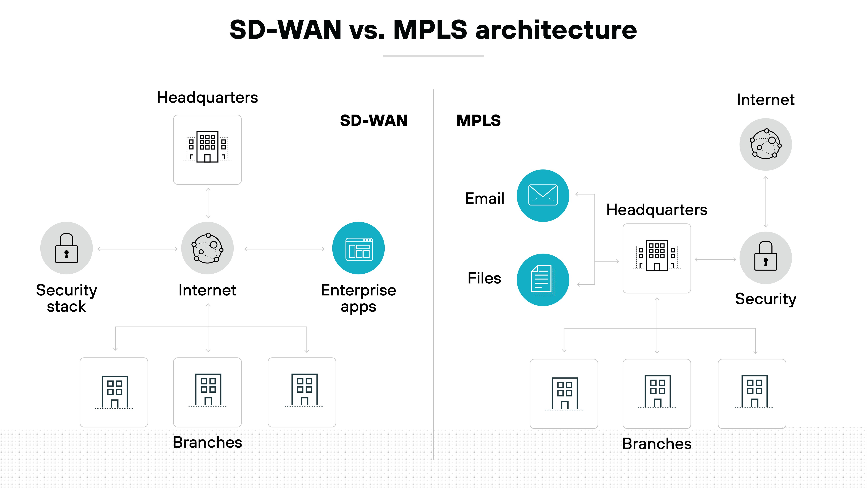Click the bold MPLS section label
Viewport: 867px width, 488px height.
478,121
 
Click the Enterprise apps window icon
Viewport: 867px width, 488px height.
358,249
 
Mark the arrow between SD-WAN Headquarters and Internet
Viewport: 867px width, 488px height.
208,203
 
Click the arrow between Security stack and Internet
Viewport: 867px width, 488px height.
137,249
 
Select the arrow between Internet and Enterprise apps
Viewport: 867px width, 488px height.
284,249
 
